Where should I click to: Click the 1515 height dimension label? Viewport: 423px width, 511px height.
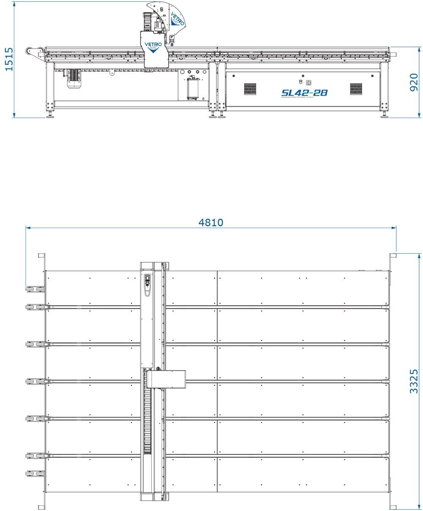pos(8,59)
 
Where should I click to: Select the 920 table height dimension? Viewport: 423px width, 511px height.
pos(415,82)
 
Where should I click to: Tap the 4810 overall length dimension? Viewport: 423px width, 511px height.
pos(211,222)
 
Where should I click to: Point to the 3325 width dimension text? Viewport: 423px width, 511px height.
pos(414,381)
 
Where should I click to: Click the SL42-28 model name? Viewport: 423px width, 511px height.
pos(304,93)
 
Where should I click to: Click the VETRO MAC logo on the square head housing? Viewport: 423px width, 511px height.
pos(153,45)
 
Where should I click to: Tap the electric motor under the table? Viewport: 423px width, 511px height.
pos(74,78)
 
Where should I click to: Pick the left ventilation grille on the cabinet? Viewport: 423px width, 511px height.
pos(250,89)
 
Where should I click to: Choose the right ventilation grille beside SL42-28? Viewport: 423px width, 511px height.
pos(356,89)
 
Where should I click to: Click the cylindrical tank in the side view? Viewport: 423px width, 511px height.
pos(193,88)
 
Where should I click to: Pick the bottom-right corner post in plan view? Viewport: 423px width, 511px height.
pos(393,507)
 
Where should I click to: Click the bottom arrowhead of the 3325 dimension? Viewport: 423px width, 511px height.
pos(419,507)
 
